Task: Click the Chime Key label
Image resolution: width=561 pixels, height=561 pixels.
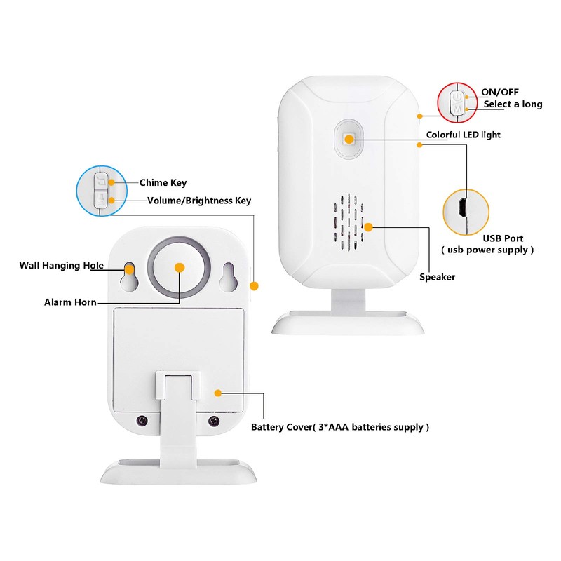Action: pyautogui.click(x=163, y=183)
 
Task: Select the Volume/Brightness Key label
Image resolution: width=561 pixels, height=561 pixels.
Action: pyautogui.click(x=198, y=201)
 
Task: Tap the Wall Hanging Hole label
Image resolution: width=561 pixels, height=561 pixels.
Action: pyautogui.click(x=61, y=265)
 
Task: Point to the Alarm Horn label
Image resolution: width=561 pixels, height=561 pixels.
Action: pyautogui.click(x=71, y=302)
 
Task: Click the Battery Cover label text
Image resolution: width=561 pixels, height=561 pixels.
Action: pyautogui.click(x=340, y=426)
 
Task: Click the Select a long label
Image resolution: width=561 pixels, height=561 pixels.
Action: pyautogui.click(x=513, y=104)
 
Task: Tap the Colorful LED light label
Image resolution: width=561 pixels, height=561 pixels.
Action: pyautogui.click(x=463, y=135)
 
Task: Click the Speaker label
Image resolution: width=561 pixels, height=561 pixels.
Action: pyautogui.click(x=437, y=277)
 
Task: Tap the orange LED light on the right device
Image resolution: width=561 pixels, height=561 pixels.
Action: pyautogui.click(x=349, y=138)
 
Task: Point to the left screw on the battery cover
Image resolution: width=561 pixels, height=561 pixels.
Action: pyautogui.click(x=142, y=421)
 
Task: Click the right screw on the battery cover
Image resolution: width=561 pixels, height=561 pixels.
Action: pyautogui.click(x=214, y=421)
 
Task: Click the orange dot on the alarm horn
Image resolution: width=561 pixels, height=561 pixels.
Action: pyautogui.click(x=179, y=267)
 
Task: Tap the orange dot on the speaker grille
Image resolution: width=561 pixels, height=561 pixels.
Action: pyautogui.click(x=367, y=227)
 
